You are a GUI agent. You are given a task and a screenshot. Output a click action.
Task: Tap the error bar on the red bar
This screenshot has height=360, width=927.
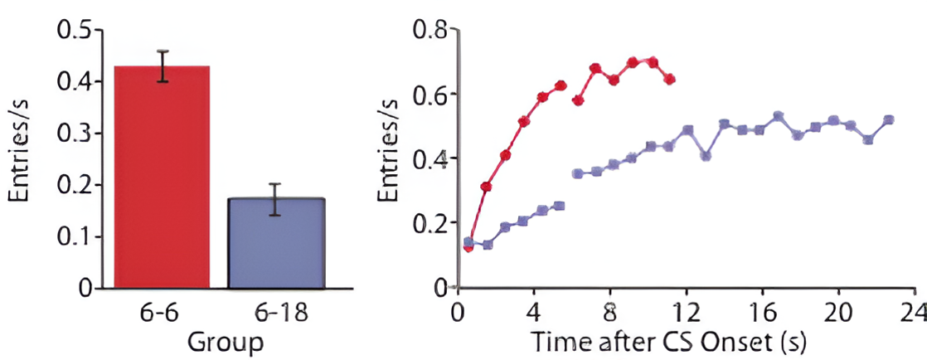click(163, 66)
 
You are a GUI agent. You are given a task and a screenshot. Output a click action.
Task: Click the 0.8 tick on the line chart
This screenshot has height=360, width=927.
click(430, 31)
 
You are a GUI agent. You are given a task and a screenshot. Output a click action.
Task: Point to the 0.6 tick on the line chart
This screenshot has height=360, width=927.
click(430, 95)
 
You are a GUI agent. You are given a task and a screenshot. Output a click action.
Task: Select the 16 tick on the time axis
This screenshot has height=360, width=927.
click(762, 314)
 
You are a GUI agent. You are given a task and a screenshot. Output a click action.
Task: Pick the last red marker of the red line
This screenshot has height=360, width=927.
click(670, 80)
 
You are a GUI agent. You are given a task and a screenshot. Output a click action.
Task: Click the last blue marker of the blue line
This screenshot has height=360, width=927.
click(889, 119)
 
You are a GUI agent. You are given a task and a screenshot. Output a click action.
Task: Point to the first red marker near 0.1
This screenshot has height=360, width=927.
click(468, 247)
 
